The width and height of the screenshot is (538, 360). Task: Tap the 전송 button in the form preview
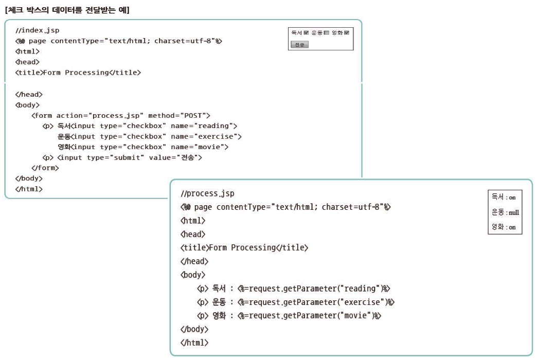coord(299,45)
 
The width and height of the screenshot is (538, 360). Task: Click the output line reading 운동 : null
coord(505,212)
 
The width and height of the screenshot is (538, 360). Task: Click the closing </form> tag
coord(45,168)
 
